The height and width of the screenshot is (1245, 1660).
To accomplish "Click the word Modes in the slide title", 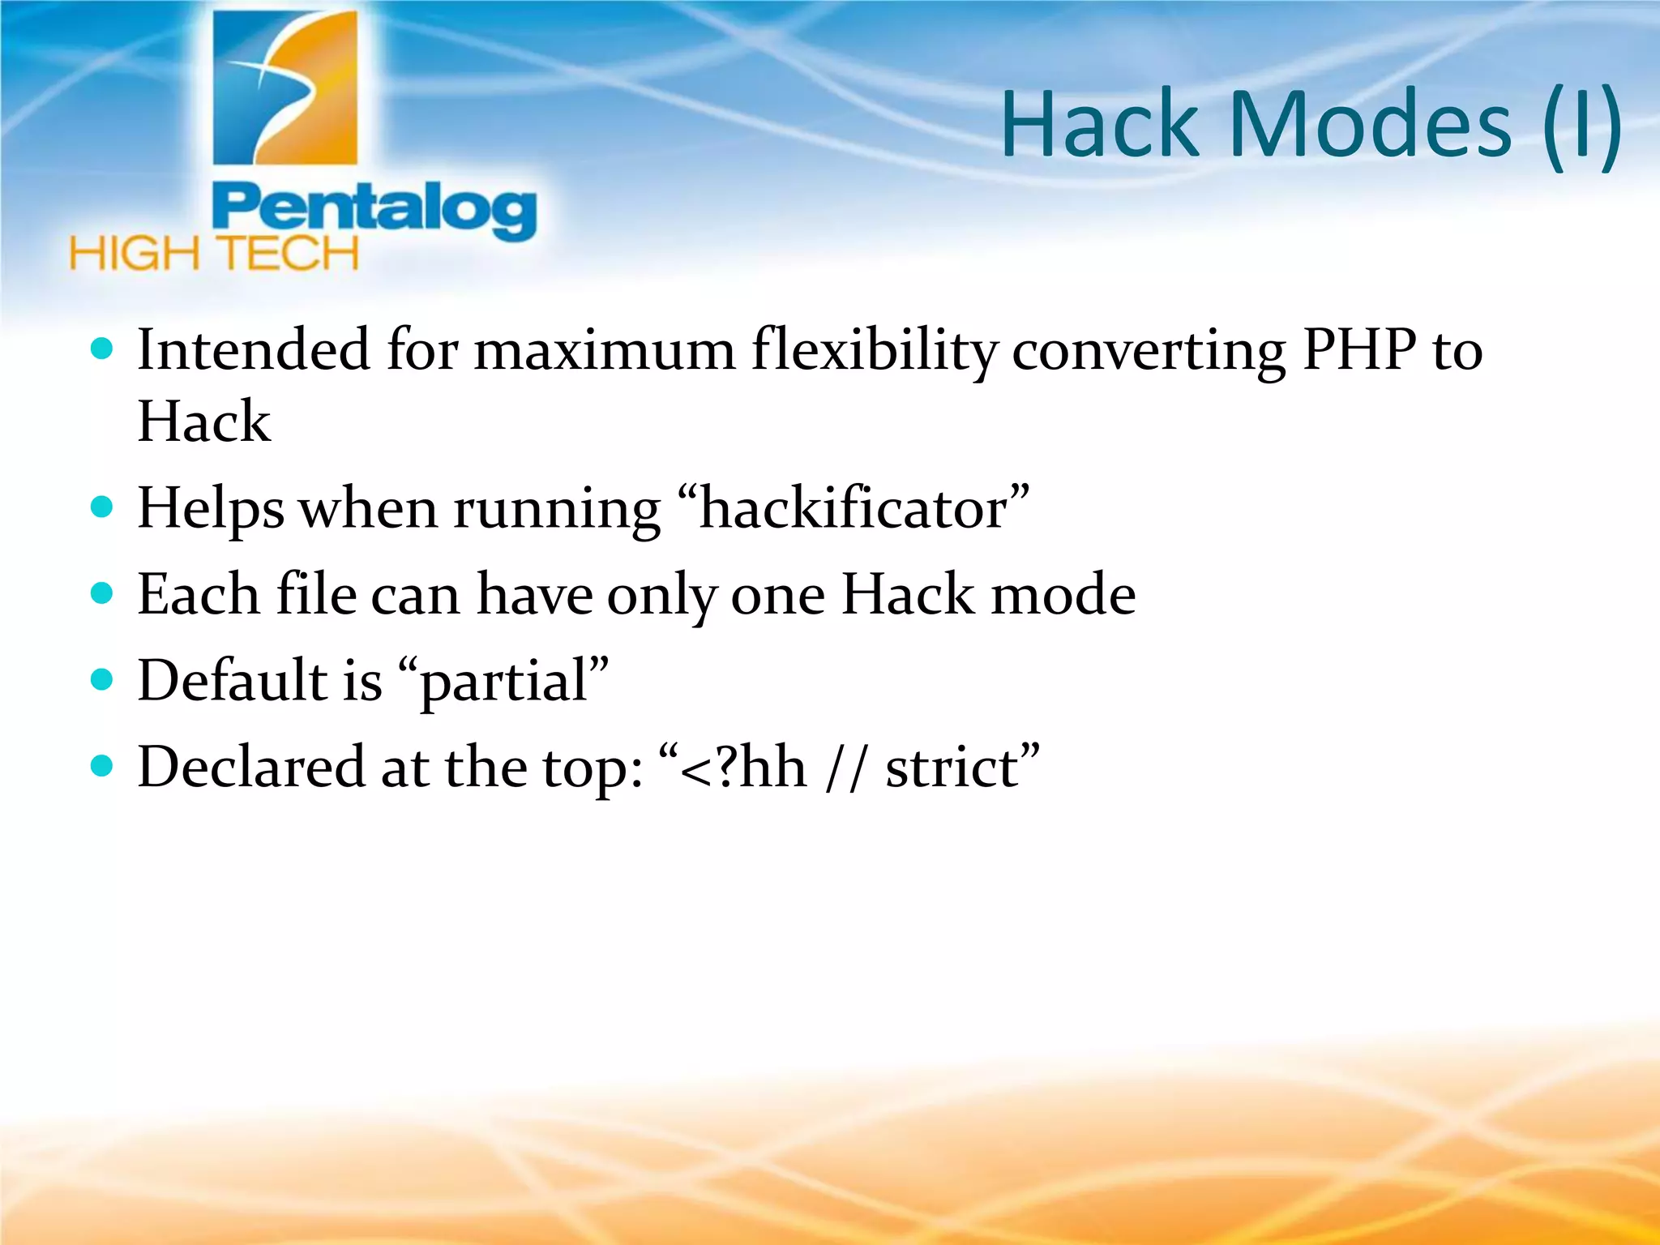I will coord(1370,126).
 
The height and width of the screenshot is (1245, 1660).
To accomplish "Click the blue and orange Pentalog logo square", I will coord(285,88).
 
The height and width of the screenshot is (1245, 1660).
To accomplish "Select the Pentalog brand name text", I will coord(374,210).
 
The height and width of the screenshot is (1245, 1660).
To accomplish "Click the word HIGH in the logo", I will coord(134,255).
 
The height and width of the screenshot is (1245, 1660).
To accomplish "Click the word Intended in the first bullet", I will coord(254,350).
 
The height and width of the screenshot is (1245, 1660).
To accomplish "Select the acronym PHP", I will coord(1359,350).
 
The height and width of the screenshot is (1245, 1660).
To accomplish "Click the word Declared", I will coord(251,767).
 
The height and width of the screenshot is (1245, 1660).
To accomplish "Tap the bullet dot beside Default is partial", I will coord(102,679).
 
